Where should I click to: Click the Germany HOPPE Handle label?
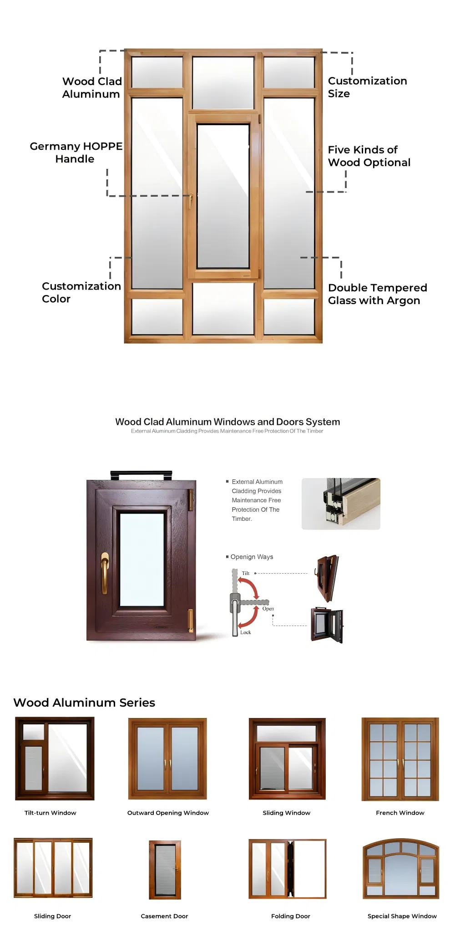point(76,153)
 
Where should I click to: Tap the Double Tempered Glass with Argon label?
point(377,294)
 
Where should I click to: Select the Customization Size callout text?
point(367,87)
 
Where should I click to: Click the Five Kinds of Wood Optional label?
point(369,156)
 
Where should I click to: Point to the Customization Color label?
point(81,292)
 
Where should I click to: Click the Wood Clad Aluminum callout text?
point(92,87)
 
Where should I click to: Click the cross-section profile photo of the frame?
point(341,504)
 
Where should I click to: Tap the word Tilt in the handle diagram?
point(246,573)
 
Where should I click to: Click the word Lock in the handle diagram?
point(246,632)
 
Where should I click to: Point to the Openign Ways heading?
point(252,557)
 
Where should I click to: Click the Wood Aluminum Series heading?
point(84,703)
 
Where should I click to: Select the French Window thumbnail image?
point(400,759)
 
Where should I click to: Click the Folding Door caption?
point(290,916)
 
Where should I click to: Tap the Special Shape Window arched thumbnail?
point(401,869)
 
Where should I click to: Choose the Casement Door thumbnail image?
point(165,870)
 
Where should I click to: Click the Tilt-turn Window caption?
point(50,813)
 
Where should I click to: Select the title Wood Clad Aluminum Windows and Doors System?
point(227,422)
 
